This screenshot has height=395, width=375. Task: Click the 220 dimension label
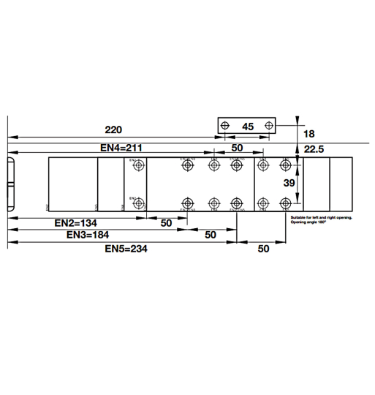point(113,129)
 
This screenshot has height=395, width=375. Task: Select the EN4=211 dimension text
point(121,148)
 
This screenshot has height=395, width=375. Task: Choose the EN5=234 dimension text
point(126,249)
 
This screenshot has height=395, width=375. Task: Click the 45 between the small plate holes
point(248,127)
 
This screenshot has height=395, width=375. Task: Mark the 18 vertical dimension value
point(308,134)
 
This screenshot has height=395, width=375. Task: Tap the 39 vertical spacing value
point(289,184)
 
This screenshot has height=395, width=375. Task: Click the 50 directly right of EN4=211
point(237,148)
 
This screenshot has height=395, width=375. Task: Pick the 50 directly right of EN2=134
point(166,222)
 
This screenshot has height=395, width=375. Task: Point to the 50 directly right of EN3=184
point(210,235)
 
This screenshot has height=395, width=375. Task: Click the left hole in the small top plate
point(225,126)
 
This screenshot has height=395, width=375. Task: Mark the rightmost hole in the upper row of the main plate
point(286,166)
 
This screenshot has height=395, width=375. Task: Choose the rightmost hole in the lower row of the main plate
point(286,203)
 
